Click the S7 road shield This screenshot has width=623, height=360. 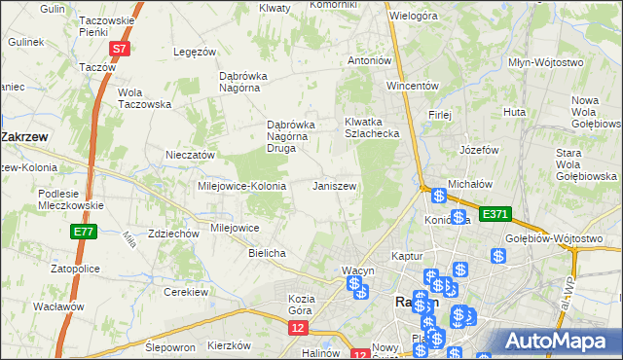click(x=119, y=48)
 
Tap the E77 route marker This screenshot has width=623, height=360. click(x=83, y=232)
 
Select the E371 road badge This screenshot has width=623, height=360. click(x=495, y=214)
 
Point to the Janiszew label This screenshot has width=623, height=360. click(x=334, y=186)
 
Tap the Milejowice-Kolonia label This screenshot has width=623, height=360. click(x=241, y=186)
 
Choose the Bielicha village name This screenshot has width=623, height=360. click(x=267, y=253)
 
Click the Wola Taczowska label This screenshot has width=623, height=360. click(x=144, y=98)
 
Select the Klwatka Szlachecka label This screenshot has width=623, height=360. click(x=372, y=127)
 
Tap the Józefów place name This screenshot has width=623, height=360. click(x=479, y=151)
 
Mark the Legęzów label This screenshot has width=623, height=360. click(x=193, y=52)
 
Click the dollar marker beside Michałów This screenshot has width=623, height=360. click(x=439, y=197)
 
